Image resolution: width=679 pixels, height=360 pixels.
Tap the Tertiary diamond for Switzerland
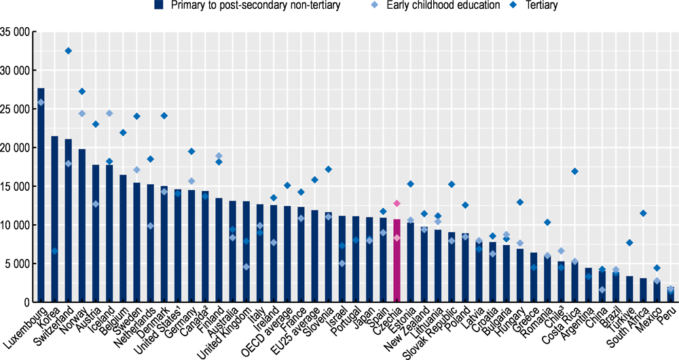click(x=68, y=51)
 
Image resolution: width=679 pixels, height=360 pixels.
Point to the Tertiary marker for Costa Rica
click(x=575, y=171)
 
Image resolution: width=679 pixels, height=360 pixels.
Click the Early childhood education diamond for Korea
click(x=55, y=251)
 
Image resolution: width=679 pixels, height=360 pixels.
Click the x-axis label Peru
click(x=668, y=314)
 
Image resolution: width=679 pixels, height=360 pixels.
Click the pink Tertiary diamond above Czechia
click(x=397, y=203)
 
